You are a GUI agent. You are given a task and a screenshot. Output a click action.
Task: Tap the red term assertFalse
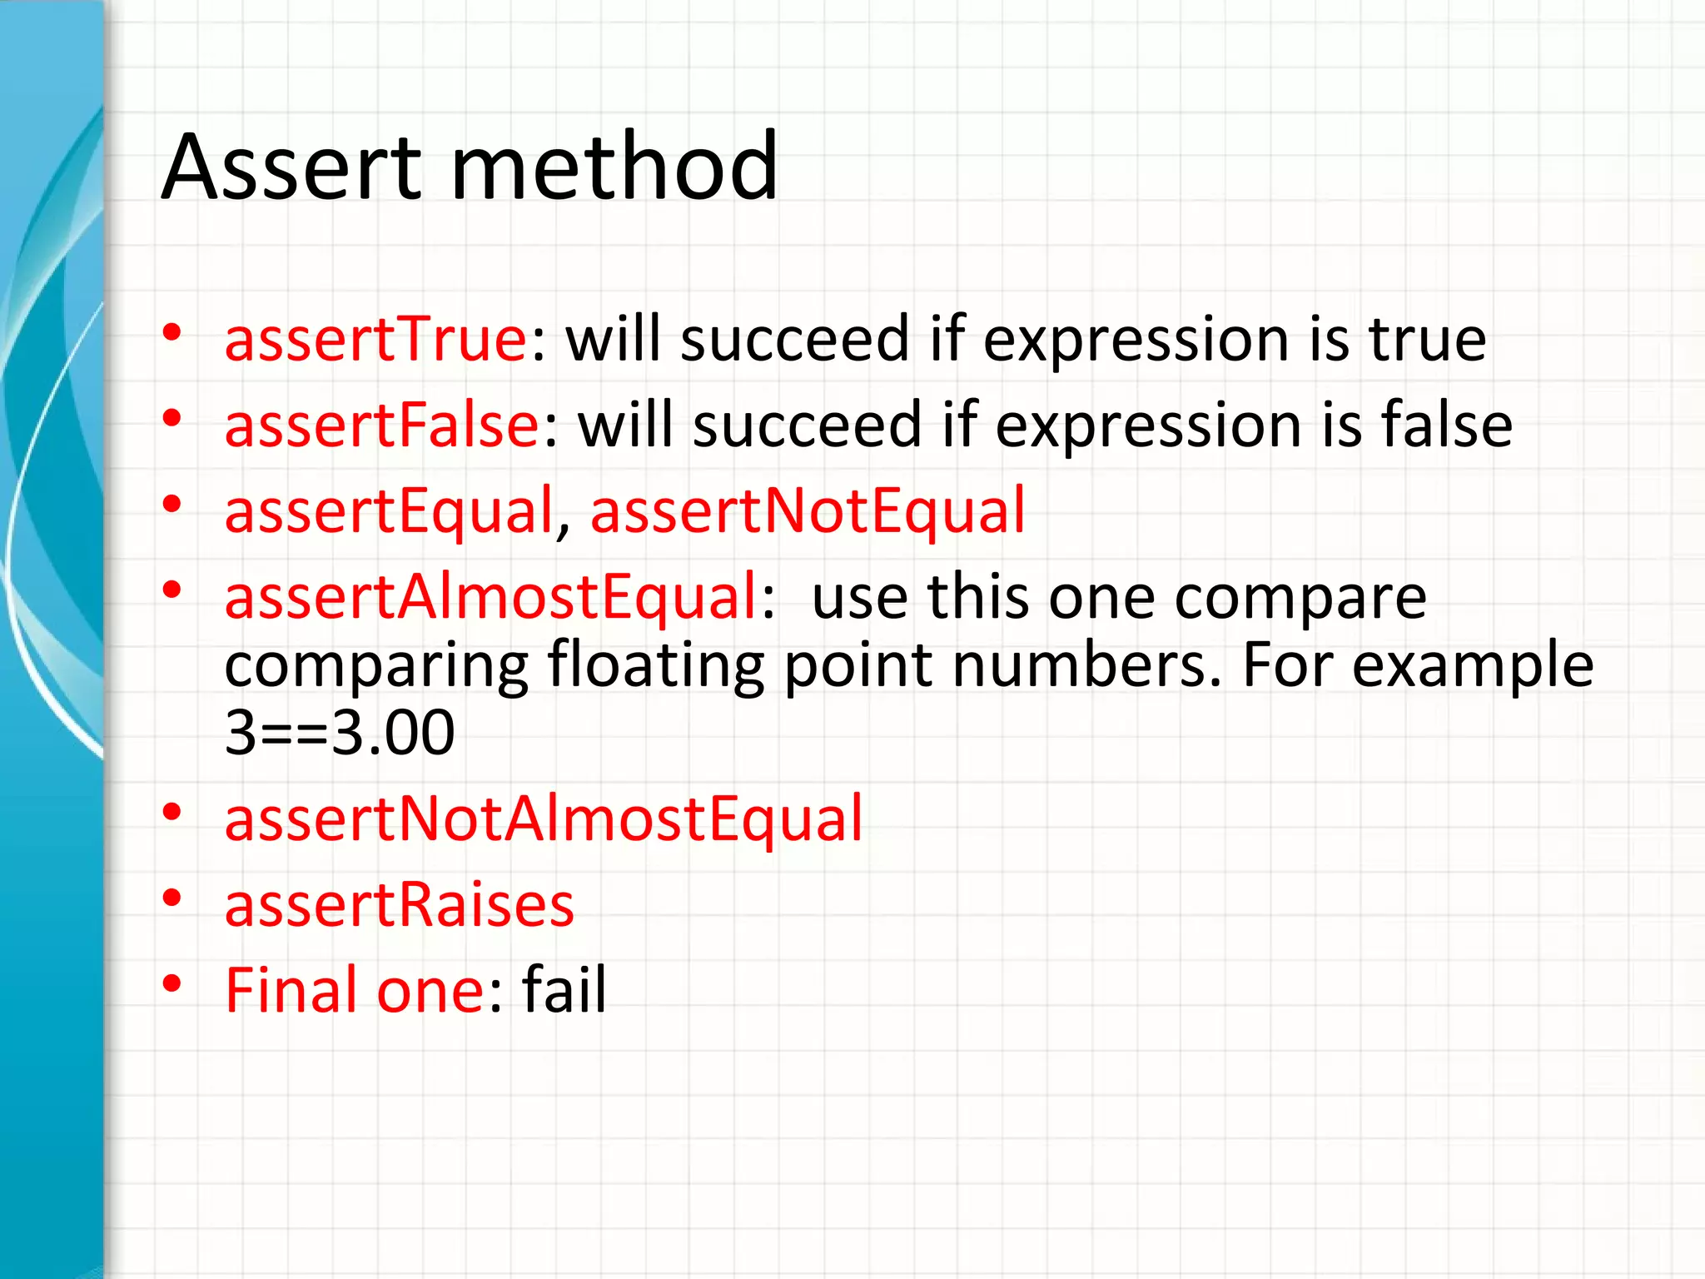point(382,426)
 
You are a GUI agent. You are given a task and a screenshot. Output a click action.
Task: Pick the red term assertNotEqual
point(808,512)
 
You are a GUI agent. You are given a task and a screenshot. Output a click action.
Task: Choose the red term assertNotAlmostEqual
point(544,820)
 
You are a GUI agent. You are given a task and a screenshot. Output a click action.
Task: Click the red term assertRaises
point(400,906)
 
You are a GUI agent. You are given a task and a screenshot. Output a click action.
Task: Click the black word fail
point(564,991)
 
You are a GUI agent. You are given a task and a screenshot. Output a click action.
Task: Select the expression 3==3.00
point(340,734)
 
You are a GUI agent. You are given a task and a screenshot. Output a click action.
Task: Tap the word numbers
point(1081,666)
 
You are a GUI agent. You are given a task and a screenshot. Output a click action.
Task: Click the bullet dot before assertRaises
point(172,898)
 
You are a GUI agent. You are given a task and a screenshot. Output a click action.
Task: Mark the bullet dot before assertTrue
point(172,333)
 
